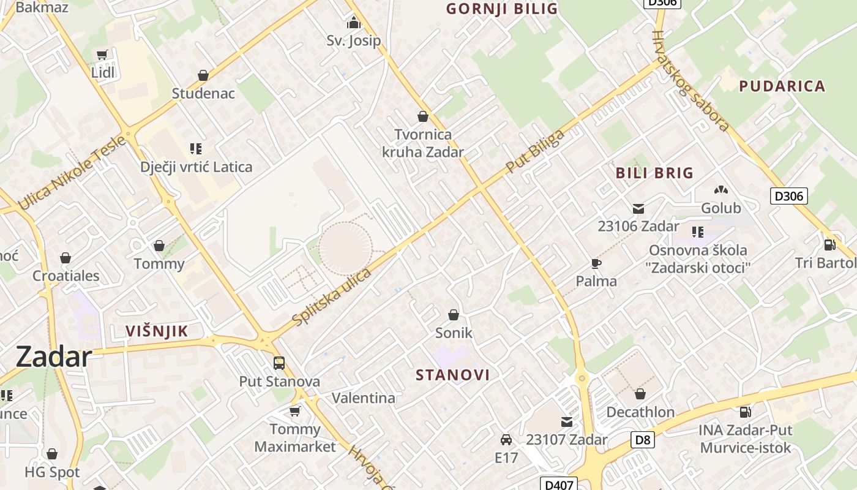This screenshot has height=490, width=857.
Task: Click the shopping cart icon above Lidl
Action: point(102,55)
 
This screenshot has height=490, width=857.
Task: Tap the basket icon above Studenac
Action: point(203,75)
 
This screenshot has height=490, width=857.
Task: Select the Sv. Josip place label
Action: point(353,40)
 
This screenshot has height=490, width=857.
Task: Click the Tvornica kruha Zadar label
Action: point(422,143)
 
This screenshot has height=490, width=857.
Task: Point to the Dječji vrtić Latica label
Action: point(196,167)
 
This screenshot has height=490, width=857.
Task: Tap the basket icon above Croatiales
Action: point(65,258)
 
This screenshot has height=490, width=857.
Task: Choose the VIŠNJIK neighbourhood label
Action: point(156,331)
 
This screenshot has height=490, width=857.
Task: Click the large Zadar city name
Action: point(54,356)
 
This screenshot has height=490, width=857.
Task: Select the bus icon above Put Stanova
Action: point(279,363)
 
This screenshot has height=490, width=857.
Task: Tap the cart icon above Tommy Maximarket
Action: point(295,411)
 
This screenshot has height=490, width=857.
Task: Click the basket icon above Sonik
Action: point(454,315)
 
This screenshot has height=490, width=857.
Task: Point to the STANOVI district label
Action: point(453,375)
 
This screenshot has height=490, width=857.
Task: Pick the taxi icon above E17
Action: point(506,440)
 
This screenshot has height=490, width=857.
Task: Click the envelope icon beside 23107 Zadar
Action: point(567,422)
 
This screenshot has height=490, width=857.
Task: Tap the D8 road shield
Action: point(642,439)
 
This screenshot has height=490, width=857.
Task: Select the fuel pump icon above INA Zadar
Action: point(745,412)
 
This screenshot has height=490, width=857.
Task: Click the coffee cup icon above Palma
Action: point(596,264)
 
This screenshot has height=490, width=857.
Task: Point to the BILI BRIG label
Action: point(654,173)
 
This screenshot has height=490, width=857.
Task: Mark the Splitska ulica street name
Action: point(332,297)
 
